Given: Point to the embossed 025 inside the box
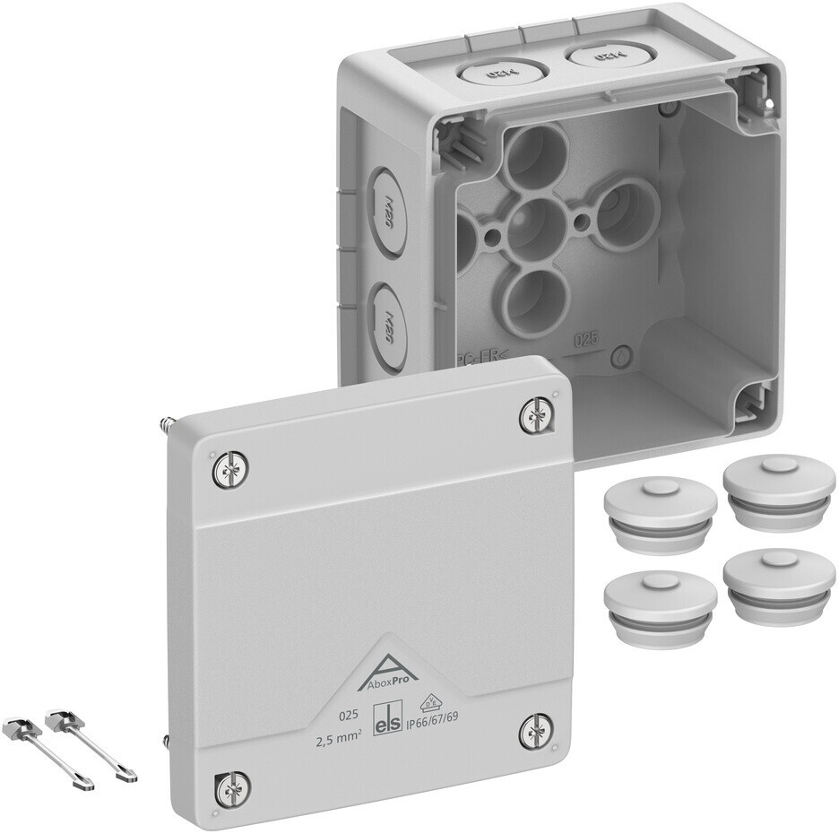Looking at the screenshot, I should pos(585,339).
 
